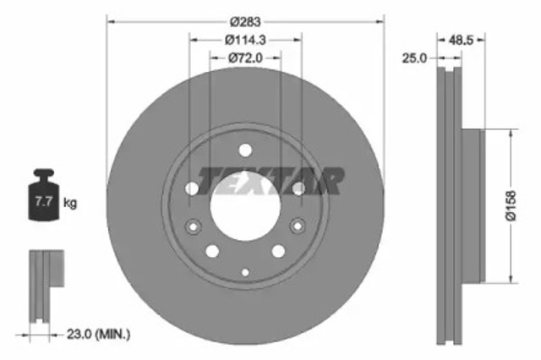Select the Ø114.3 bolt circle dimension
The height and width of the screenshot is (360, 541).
click(245, 38)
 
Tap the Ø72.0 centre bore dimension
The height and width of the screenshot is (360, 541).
click(245, 58)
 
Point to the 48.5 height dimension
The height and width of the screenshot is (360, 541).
click(461, 38)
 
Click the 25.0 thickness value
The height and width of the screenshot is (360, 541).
click(414, 58)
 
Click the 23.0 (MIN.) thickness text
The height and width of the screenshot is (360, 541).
click(93, 335)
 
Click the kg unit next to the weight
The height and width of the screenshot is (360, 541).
click(71, 203)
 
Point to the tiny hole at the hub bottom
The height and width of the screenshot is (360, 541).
click(245, 271)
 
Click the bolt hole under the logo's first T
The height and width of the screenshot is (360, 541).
click(192, 187)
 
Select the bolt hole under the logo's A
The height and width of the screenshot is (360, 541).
click(298, 187)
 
